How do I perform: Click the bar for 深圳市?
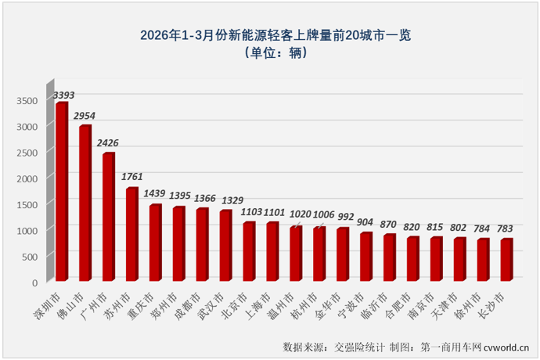pos(61,192)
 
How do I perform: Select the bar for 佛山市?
pos(85,203)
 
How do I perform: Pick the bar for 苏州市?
pos(131,234)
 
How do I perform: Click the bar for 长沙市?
pos(506,260)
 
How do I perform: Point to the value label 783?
pos(505,229)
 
